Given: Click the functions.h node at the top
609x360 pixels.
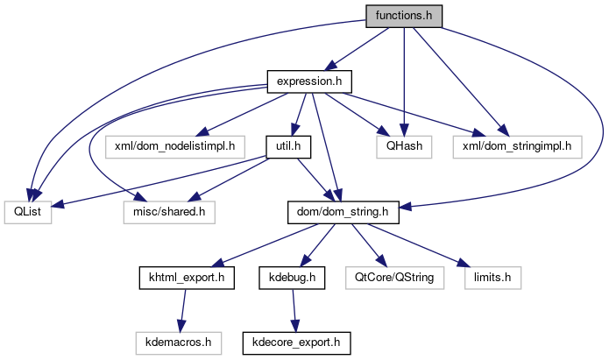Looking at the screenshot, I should click(404, 16).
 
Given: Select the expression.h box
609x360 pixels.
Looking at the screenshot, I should click(309, 81).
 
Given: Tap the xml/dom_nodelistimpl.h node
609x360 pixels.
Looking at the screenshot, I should click(174, 145).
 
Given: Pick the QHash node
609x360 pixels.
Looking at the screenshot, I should click(403, 145).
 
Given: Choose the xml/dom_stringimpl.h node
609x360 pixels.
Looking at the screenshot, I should click(518, 145).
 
